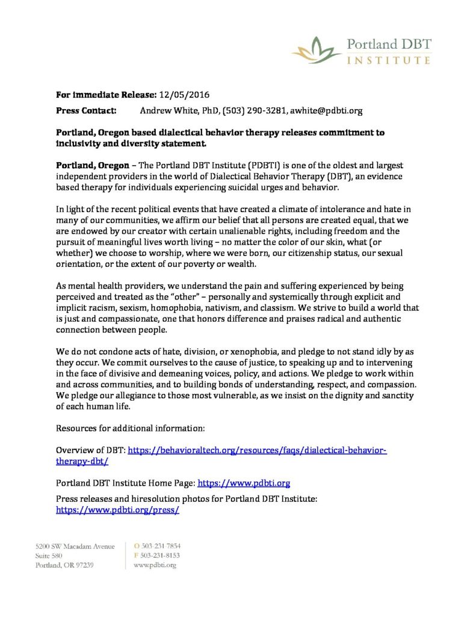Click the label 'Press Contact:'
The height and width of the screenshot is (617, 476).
(84, 111)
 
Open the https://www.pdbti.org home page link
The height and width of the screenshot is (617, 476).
(244, 483)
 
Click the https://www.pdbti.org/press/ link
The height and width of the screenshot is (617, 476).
(118, 509)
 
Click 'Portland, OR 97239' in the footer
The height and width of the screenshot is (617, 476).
(66, 565)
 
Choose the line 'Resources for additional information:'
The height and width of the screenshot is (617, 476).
(131, 428)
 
